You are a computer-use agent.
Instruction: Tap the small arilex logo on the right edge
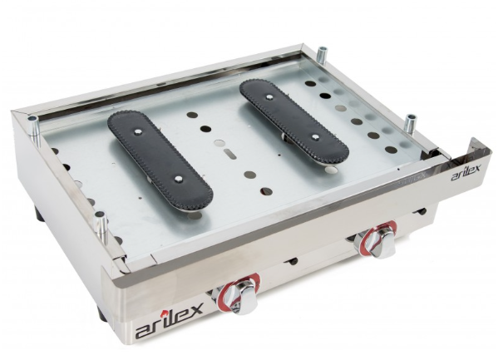click(x=466, y=172)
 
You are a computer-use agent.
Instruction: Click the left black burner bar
click(x=160, y=160)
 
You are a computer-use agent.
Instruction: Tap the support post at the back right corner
click(x=323, y=55)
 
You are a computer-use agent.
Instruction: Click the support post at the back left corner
click(x=33, y=131)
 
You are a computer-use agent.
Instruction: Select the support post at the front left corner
click(x=101, y=228)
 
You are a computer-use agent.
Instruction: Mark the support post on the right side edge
click(x=411, y=126)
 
